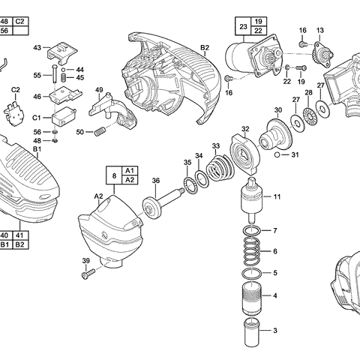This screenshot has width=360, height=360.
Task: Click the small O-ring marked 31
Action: (x=278, y=155)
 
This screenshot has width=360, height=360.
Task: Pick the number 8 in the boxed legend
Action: (x=114, y=175)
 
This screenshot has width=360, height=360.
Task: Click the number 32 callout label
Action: (x=245, y=129)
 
